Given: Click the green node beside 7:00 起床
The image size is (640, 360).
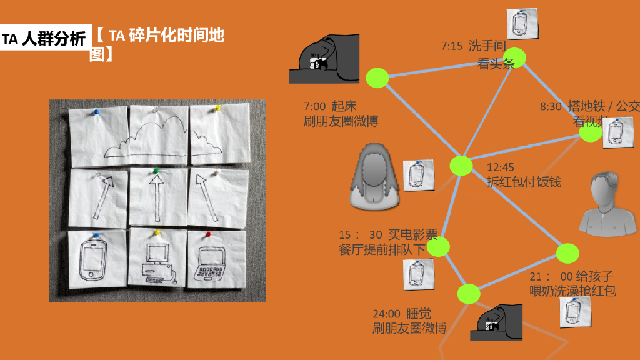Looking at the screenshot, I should click(377, 77).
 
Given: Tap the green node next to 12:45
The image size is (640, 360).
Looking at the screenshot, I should click(461, 166).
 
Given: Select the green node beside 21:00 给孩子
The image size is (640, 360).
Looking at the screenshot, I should click(567, 252).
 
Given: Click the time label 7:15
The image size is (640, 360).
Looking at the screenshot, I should click(452, 46).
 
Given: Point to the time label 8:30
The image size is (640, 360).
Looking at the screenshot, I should click(551, 107).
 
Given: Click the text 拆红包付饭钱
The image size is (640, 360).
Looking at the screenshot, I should click(524, 182).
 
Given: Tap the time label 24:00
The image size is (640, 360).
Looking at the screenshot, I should click(386, 314).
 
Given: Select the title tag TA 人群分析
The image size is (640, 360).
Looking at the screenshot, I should click(44, 39).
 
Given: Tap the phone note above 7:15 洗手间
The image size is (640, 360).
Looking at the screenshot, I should click(522, 24).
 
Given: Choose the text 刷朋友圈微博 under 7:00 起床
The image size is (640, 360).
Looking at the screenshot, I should click(341, 121).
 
